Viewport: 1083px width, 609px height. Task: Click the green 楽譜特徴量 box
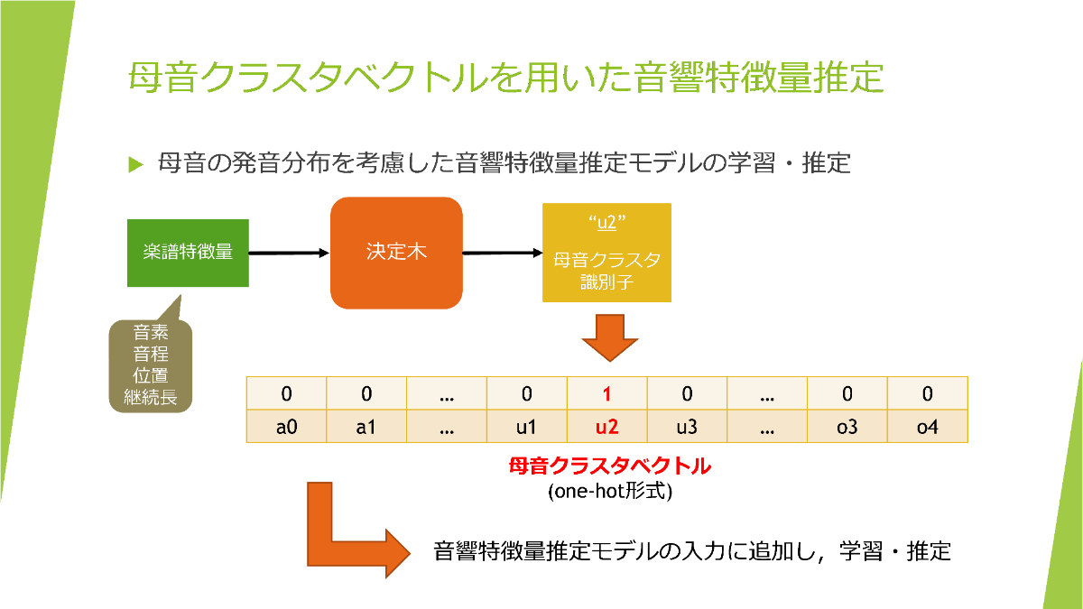pyautogui.click(x=188, y=252)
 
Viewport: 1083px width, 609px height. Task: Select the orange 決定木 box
pyautogui.click(x=396, y=253)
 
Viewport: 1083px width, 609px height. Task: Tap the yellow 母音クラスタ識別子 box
pyautogui.click(x=606, y=253)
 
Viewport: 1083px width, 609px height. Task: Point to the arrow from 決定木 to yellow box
pyautogui.click(x=502, y=253)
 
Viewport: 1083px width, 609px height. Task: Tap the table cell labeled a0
pyautogui.click(x=286, y=427)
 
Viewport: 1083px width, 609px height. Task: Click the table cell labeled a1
pyautogui.click(x=366, y=427)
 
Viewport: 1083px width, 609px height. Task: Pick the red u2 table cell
pyautogui.click(x=606, y=427)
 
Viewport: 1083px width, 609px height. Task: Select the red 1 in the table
pyautogui.click(x=606, y=394)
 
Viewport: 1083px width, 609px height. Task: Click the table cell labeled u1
pyautogui.click(x=526, y=427)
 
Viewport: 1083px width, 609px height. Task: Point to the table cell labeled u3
pyautogui.click(x=687, y=427)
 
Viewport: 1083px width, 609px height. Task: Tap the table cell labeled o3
pyautogui.click(x=847, y=427)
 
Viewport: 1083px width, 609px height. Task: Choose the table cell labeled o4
pyautogui.click(x=927, y=427)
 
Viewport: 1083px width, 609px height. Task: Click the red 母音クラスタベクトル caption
pyautogui.click(x=609, y=467)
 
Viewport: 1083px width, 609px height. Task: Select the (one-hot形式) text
pyautogui.click(x=609, y=493)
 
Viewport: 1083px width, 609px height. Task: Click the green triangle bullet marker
pyautogui.click(x=135, y=164)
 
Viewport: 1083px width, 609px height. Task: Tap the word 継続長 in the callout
pyautogui.click(x=151, y=395)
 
